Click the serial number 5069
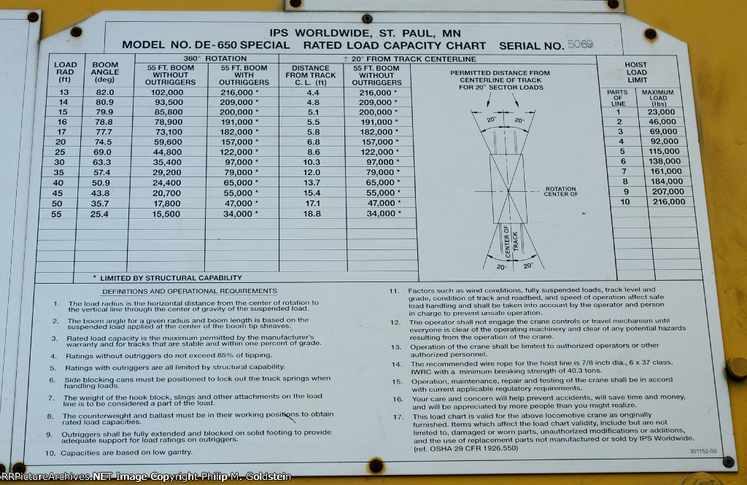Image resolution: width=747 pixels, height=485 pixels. point(580,44)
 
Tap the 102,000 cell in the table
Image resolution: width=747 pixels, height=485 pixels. point(167,93)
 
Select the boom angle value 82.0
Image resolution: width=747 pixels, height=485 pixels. point(105,93)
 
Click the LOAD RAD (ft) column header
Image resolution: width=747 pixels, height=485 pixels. point(65,72)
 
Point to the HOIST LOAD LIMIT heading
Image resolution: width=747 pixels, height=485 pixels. point(636,72)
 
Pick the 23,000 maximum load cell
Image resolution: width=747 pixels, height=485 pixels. point(661,112)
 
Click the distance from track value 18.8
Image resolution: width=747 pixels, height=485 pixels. point(312,214)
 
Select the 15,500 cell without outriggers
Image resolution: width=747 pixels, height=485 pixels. point(167,214)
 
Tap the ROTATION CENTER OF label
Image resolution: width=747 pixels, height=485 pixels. point(561,192)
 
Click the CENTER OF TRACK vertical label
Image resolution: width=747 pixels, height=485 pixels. point(511,241)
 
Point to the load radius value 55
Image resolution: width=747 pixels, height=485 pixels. point(56,214)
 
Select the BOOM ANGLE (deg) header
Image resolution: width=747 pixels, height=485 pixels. point(105,72)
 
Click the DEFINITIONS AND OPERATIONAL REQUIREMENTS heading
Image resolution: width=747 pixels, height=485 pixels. point(190,291)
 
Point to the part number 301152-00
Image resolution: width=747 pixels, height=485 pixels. point(703,451)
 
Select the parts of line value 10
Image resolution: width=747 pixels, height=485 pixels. point(624,202)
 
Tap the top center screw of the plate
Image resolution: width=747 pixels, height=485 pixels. point(367,18)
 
